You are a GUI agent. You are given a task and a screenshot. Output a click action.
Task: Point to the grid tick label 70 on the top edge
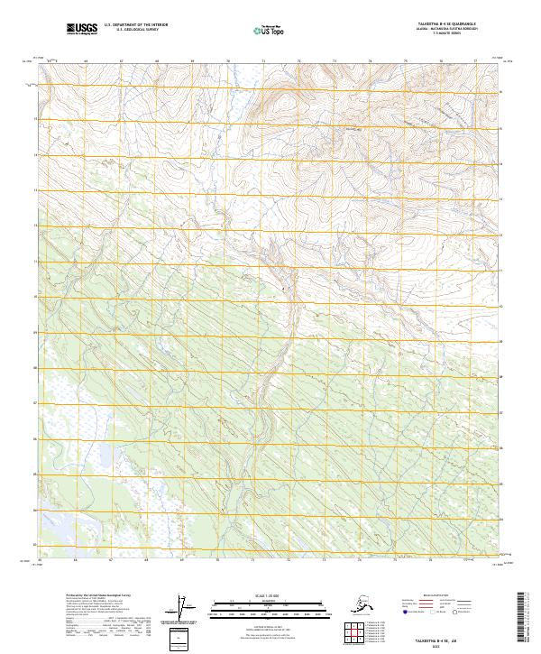point(227,60)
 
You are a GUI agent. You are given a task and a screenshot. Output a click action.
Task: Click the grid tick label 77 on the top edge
point(476,60)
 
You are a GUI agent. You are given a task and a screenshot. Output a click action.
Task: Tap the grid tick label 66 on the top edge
point(86,60)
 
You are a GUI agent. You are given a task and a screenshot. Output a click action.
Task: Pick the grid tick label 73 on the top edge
point(335,60)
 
